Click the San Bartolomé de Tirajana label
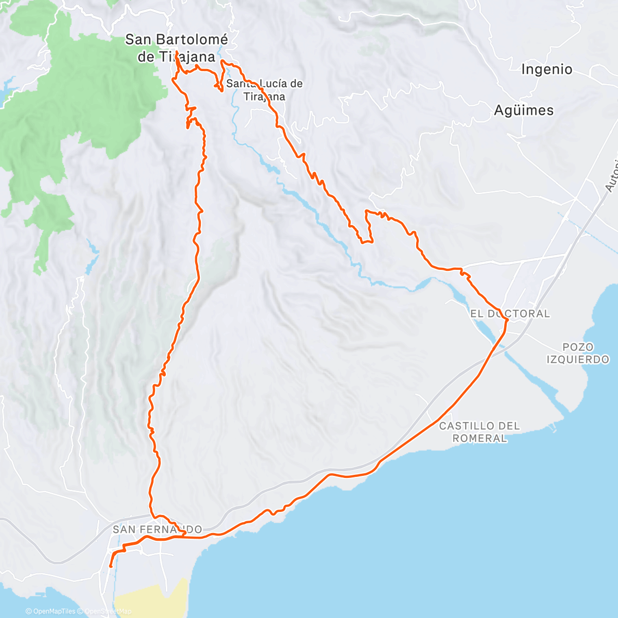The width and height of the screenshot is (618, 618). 177,47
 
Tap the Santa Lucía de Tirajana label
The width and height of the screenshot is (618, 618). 265,90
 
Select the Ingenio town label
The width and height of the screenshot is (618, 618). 546,69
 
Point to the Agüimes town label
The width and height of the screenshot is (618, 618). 524,110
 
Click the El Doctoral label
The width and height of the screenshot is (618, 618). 510,313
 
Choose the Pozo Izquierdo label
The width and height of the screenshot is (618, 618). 578,353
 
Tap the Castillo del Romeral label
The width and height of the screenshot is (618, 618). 479,432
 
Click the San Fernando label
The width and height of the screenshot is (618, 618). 157,529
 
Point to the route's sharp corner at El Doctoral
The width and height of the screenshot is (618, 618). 508,320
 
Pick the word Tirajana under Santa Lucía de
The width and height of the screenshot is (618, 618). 265,96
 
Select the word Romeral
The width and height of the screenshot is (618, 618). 479,438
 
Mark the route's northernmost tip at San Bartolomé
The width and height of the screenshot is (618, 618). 177,53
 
